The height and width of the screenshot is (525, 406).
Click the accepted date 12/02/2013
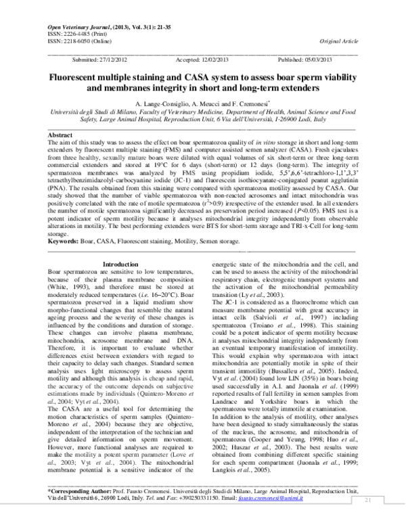tap(214, 60)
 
